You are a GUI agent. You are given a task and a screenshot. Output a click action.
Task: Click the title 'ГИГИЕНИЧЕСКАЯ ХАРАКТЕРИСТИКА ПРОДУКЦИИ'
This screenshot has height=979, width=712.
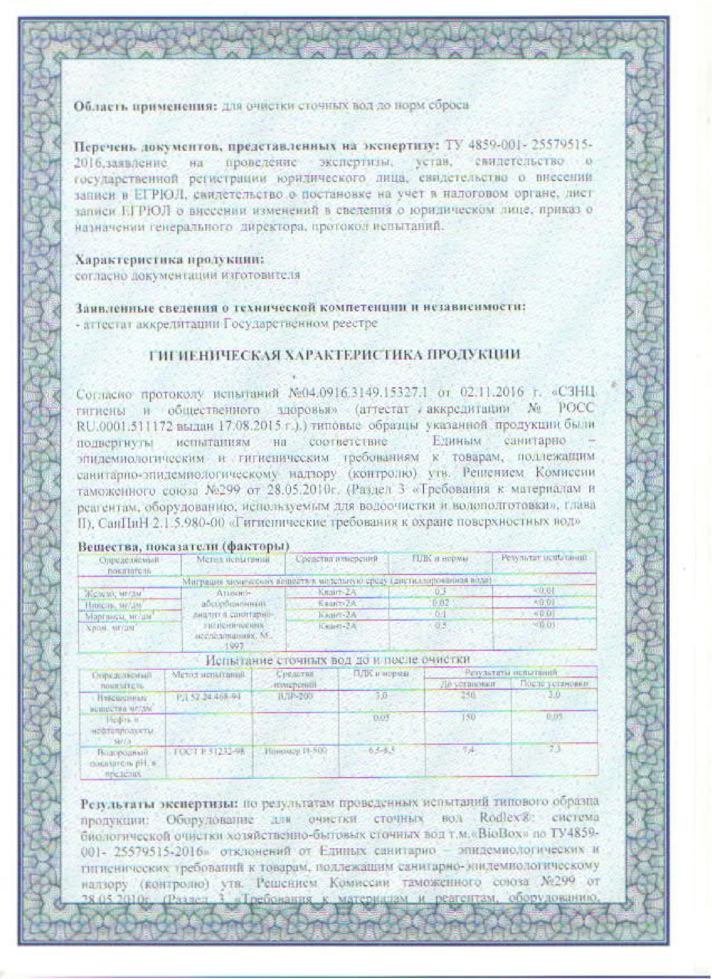pos(334,355)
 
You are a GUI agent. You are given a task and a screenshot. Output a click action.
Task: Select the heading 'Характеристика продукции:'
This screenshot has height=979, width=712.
pos(169,260)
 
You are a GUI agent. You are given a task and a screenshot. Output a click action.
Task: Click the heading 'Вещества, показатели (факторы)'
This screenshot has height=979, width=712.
pos(183,546)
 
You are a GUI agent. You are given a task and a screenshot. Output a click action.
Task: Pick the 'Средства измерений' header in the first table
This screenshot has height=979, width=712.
pos(337,559)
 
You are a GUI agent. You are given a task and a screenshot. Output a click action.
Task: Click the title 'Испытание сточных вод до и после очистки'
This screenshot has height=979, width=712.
pos(337,672)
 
